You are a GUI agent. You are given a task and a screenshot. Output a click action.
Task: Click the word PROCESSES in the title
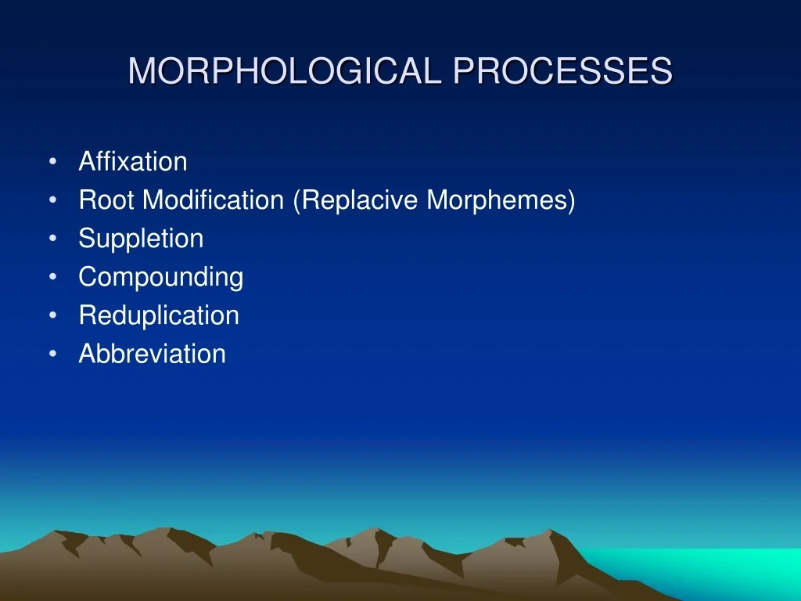(563, 71)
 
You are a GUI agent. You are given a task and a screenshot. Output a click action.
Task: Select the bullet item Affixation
(133, 162)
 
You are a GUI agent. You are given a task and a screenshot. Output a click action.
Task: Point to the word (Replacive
(357, 200)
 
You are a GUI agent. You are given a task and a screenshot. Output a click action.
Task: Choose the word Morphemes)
(501, 200)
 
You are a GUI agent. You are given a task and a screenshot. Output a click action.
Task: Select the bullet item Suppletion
(141, 239)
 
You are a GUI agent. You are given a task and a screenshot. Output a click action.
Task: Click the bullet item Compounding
(161, 277)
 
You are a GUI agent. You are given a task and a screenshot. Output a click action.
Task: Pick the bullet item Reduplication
(159, 315)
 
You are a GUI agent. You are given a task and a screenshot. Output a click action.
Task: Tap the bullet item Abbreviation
(152, 354)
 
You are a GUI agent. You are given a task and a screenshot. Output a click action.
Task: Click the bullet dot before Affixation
(52, 162)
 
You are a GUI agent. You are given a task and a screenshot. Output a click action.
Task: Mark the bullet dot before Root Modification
(52, 200)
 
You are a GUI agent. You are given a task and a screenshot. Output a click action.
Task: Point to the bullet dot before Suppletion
(52, 239)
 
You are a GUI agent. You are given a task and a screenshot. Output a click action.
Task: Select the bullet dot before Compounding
(52, 277)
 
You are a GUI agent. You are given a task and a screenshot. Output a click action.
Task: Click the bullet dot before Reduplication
(52, 315)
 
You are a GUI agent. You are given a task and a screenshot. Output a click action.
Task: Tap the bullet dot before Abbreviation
(52, 354)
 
